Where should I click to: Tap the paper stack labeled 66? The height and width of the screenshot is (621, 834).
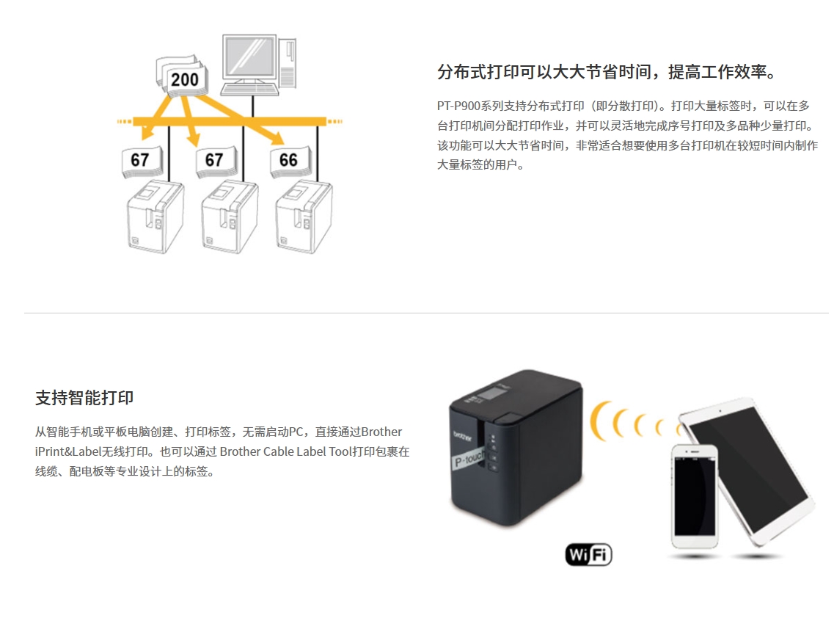tap(290, 161)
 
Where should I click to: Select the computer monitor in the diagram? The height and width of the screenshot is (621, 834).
tap(249, 59)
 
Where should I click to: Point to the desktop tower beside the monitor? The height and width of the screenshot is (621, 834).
tap(288, 63)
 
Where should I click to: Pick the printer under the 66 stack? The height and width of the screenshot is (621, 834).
tap(304, 216)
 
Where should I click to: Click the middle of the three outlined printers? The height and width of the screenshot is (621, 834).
tap(230, 216)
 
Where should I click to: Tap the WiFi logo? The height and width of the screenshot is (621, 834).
tap(589, 554)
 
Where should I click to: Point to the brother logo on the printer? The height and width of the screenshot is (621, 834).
tap(462, 436)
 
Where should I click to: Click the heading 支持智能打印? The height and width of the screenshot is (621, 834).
tap(84, 398)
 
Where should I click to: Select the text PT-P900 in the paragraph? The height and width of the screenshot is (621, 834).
tap(458, 106)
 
